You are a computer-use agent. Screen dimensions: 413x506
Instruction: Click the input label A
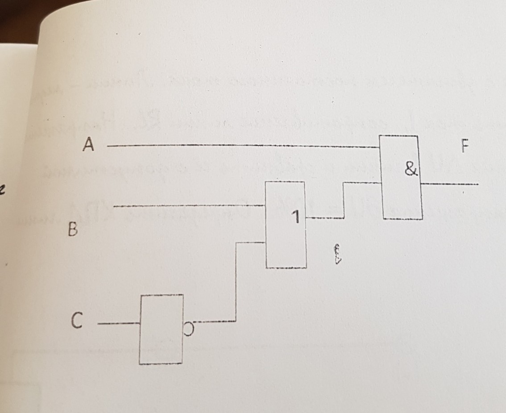89,145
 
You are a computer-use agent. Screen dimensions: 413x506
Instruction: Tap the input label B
73,230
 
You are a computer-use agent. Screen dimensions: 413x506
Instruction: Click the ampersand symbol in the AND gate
411,169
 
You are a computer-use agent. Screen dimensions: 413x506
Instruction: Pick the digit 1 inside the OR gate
295,217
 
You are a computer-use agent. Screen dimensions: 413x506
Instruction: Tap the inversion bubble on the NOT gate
189,328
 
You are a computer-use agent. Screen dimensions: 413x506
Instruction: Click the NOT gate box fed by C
161,329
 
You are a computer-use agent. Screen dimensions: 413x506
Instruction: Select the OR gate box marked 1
286,224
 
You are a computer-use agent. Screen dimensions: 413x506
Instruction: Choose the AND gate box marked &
400,177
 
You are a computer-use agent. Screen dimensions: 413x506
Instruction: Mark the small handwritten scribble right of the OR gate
338,254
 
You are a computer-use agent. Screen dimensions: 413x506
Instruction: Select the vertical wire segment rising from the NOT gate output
236,281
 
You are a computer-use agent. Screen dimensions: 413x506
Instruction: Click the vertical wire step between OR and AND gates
344,200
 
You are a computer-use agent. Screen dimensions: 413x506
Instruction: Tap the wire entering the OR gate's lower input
250,242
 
